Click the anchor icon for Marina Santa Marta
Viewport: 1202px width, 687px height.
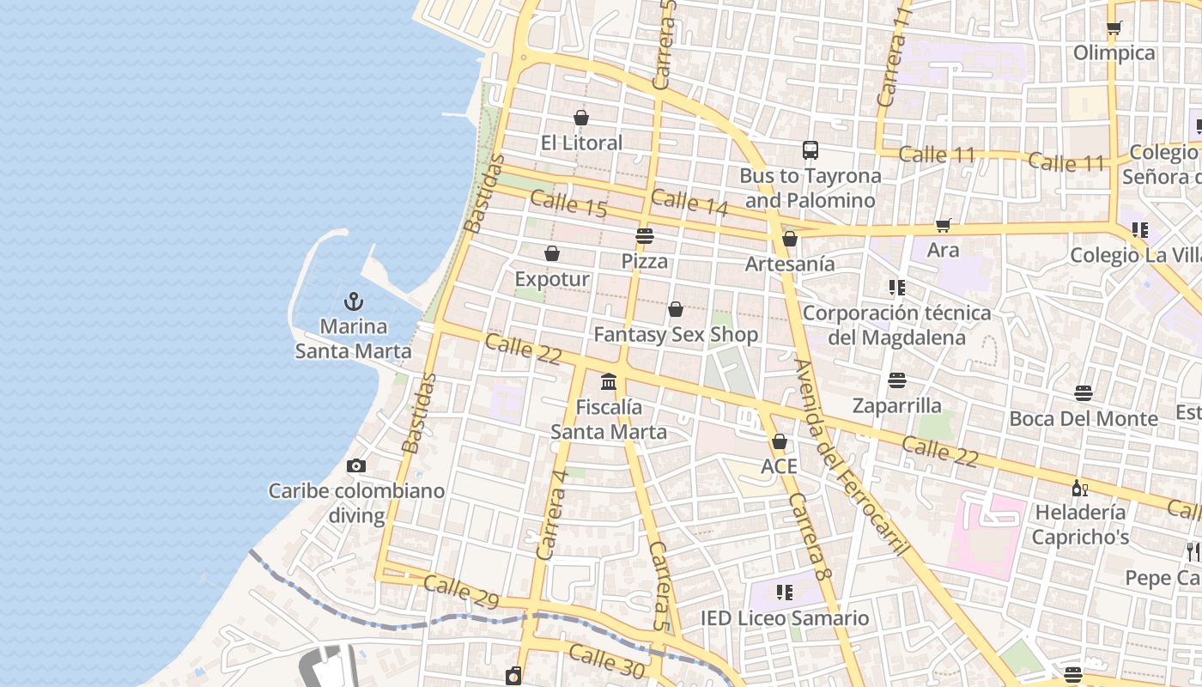(353, 301)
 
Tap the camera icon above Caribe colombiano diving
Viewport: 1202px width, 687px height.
(356, 466)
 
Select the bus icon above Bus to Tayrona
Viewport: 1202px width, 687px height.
(810, 150)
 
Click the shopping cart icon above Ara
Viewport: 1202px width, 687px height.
(944, 225)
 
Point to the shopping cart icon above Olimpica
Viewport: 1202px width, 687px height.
(1114, 27)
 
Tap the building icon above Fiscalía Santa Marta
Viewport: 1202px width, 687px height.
(609, 381)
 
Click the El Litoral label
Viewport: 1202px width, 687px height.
(581, 143)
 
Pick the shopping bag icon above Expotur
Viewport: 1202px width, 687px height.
(552, 254)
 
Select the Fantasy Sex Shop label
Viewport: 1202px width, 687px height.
(676, 334)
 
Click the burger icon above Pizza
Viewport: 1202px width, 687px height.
(645, 236)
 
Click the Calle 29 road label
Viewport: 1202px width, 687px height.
(461, 592)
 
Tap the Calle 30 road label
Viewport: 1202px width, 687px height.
(606, 659)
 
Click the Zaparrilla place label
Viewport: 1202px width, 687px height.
(896, 405)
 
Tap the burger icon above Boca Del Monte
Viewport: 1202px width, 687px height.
(1084, 393)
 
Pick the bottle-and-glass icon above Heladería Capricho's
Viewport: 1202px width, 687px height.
(1079, 488)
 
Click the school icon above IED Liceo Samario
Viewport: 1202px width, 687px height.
(784, 593)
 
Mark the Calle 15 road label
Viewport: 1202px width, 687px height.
(568, 204)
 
